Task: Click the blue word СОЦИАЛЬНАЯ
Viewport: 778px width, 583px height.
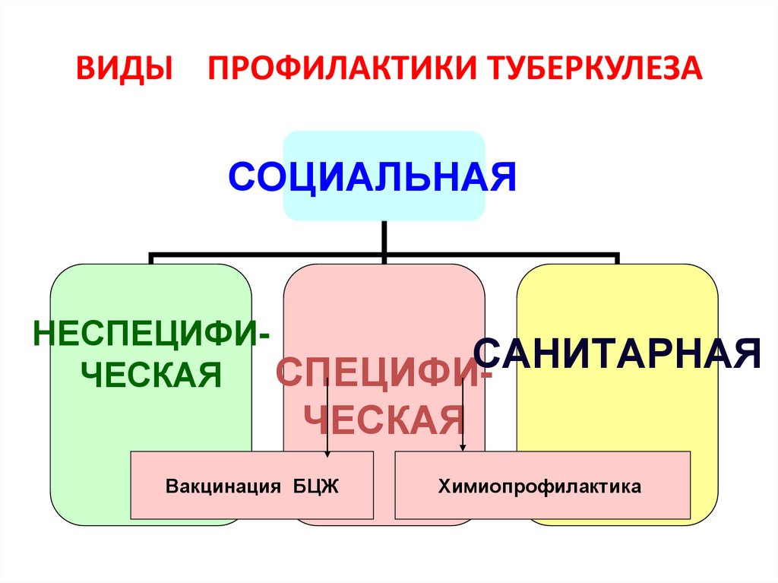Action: coord(372,176)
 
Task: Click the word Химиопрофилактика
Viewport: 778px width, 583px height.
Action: coord(539,486)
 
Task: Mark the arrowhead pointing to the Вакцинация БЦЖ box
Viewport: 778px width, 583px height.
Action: coord(327,453)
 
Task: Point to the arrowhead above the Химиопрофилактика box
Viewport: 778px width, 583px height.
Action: coord(463,448)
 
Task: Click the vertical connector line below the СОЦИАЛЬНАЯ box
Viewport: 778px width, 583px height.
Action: coord(384,237)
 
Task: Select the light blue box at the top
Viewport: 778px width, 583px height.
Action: coord(384,144)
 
